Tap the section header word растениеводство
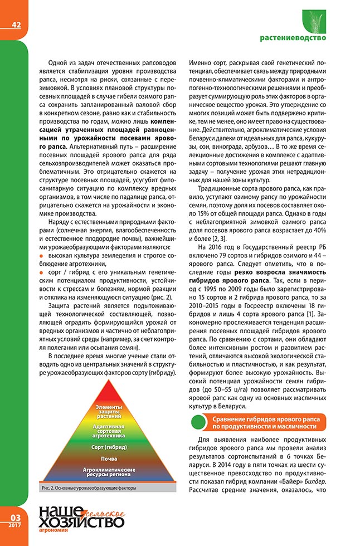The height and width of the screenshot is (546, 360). click(293, 38)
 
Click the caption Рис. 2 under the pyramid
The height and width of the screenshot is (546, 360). click(89, 488)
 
